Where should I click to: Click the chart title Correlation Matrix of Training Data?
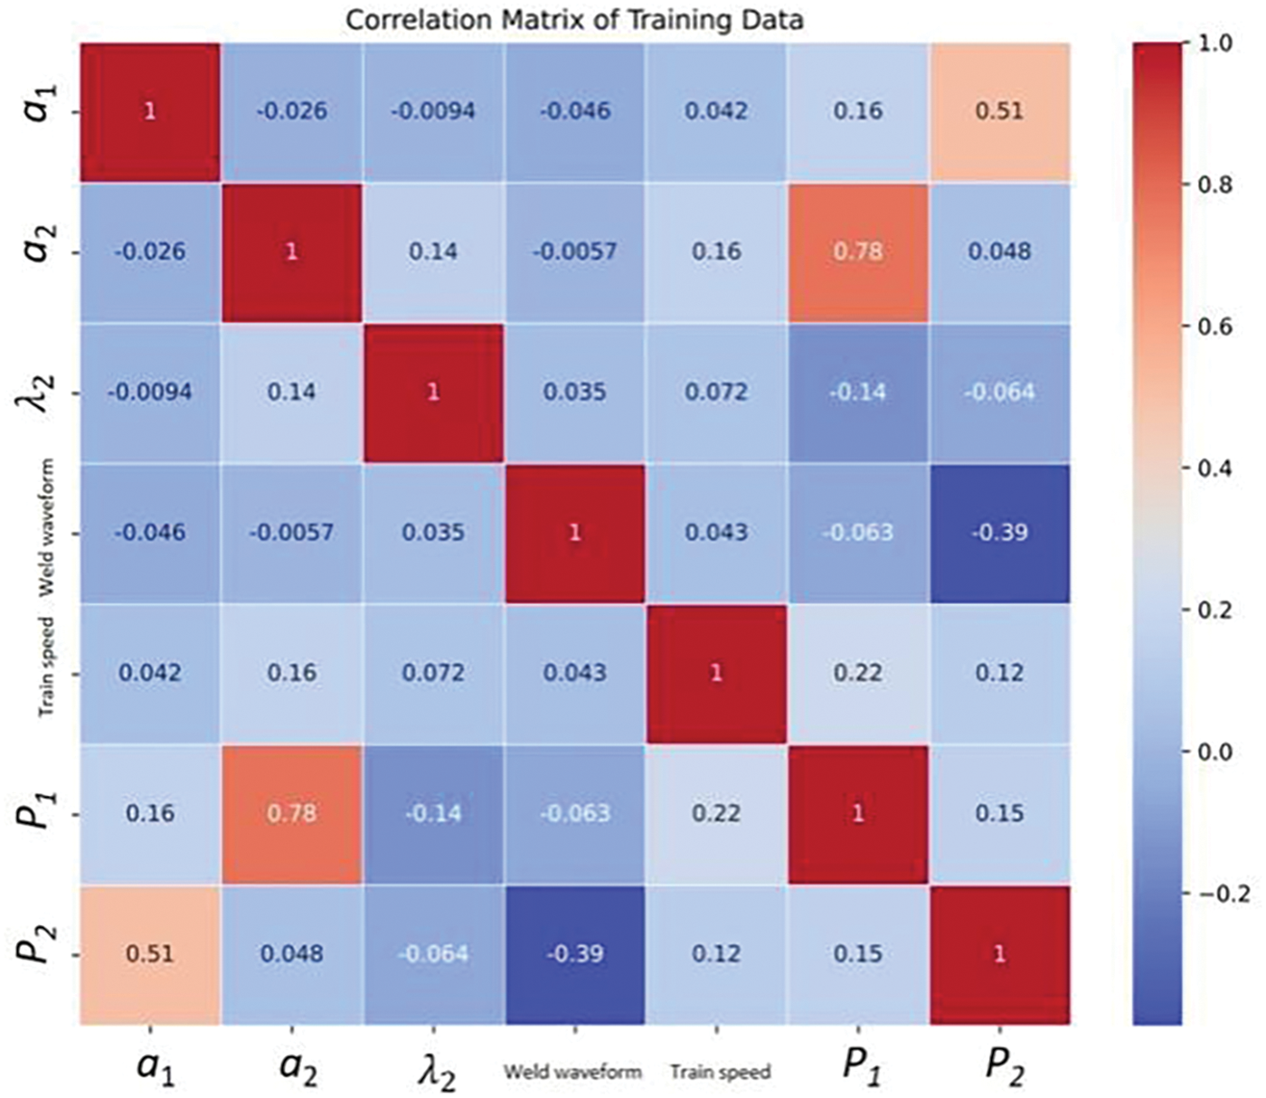click(574, 20)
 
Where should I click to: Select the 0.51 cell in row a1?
click(999, 111)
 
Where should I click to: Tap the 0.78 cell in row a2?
click(857, 251)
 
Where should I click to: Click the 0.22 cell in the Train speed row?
click(857, 673)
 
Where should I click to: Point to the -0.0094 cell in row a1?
click(433, 111)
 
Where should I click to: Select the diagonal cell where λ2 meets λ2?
click(433, 392)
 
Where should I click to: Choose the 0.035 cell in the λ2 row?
click(574, 392)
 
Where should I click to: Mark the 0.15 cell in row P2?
click(857, 954)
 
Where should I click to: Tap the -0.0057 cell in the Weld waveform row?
click(291, 532)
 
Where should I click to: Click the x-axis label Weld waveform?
click(572, 1073)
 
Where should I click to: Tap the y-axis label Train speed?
click(47, 667)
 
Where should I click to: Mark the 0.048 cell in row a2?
click(999, 251)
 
